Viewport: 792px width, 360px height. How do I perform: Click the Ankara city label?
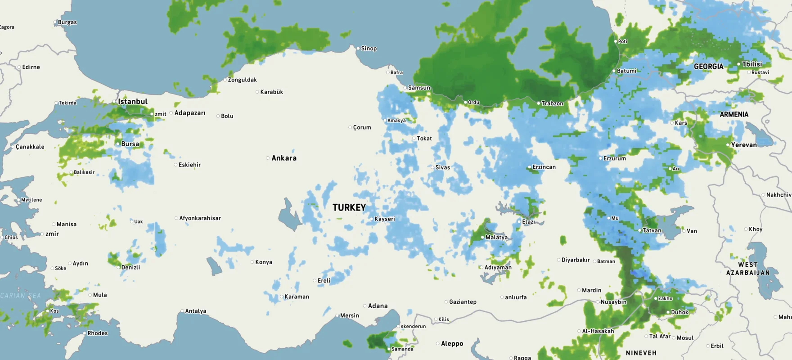pyautogui.click(x=284, y=158)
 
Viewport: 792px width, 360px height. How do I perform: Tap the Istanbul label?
pyautogui.click(x=133, y=102)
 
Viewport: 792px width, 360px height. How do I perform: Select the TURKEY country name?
pyautogui.click(x=349, y=207)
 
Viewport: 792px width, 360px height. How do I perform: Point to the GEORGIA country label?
pyautogui.click(x=709, y=67)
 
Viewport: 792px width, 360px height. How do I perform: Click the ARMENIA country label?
pyautogui.click(x=734, y=114)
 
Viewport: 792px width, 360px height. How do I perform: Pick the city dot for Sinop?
pyautogui.click(x=358, y=48)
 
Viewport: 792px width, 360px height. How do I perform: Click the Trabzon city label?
pyautogui.click(x=552, y=103)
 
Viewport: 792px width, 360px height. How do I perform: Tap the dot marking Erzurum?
pyautogui.click(x=600, y=158)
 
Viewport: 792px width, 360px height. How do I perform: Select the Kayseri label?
pyautogui.click(x=385, y=219)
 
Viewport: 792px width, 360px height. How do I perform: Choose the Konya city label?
pyautogui.click(x=264, y=262)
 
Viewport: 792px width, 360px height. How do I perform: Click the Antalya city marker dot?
pyautogui.click(x=182, y=311)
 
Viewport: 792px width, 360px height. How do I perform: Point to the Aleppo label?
pyautogui.click(x=452, y=343)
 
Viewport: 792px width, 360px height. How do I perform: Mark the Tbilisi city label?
pyautogui.click(x=752, y=64)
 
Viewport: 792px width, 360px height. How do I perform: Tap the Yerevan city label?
pyautogui.click(x=744, y=145)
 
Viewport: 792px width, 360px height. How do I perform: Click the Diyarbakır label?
pyautogui.click(x=576, y=260)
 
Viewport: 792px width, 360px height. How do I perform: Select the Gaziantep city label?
pyautogui.click(x=463, y=302)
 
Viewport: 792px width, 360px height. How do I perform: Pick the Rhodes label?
pyautogui.click(x=98, y=333)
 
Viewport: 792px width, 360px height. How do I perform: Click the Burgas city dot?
pyautogui.click(x=55, y=22)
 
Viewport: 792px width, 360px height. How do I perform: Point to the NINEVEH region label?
pyautogui.click(x=641, y=353)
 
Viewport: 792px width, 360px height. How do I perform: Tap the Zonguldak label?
pyautogui.click(x=242, y=80)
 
